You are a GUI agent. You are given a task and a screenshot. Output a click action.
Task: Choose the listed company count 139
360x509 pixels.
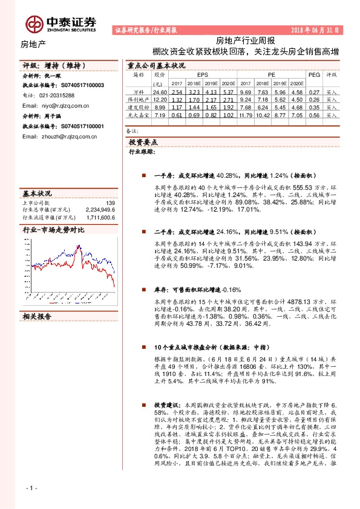(x=110, y=203)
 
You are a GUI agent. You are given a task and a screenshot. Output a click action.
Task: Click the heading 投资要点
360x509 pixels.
(x=143, y=142)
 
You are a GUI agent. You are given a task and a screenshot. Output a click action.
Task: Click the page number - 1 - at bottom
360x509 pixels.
(x=31, y=488)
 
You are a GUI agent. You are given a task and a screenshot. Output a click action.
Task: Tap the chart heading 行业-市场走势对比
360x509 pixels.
(x=53, y=230)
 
